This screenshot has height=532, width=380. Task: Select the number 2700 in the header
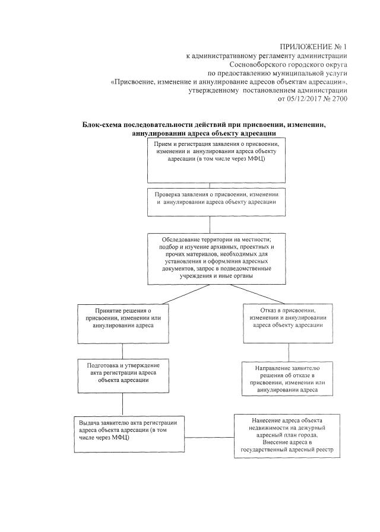(x=337, y=99)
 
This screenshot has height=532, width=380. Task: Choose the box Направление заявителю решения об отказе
(x=287, y=378)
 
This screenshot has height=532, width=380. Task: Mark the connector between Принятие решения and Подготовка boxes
(x=122, y=351)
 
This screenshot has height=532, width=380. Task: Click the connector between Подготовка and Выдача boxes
(x=122, y=406)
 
